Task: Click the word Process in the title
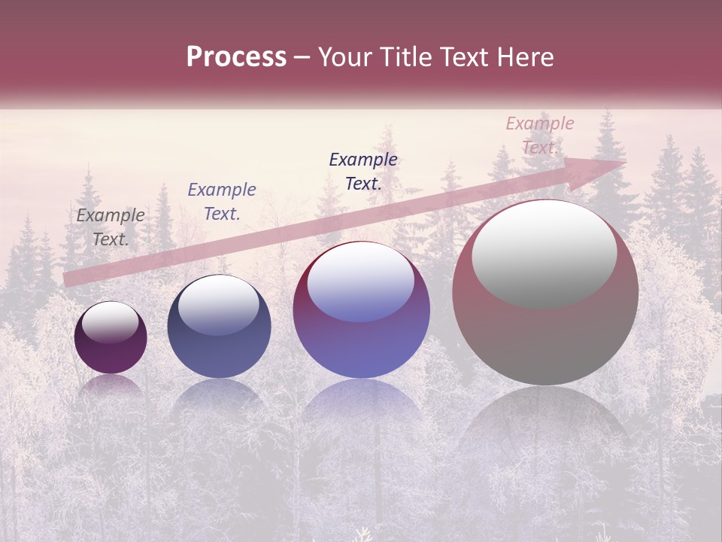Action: (x=236, y=57)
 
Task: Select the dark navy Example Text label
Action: (x=363, y=172)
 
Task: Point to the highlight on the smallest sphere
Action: (x=111, y=322)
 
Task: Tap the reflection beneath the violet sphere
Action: (x=361, y=406)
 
